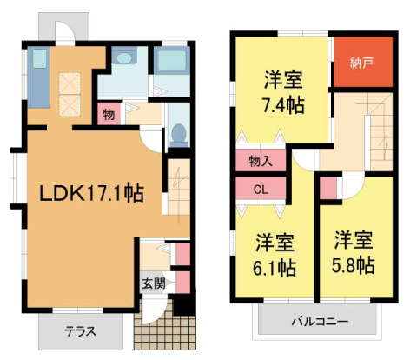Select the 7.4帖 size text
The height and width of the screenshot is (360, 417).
[x=283, y=106]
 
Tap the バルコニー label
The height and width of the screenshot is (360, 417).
[x=320, y=322]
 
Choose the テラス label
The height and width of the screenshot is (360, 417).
[x=80, y=331]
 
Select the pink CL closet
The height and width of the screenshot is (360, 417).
[x=261, y=189]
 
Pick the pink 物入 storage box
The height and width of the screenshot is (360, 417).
[x=260, y=161]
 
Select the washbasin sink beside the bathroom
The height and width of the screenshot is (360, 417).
[x=125, y=59]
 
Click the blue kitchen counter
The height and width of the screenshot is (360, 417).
[x=39, y=76]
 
